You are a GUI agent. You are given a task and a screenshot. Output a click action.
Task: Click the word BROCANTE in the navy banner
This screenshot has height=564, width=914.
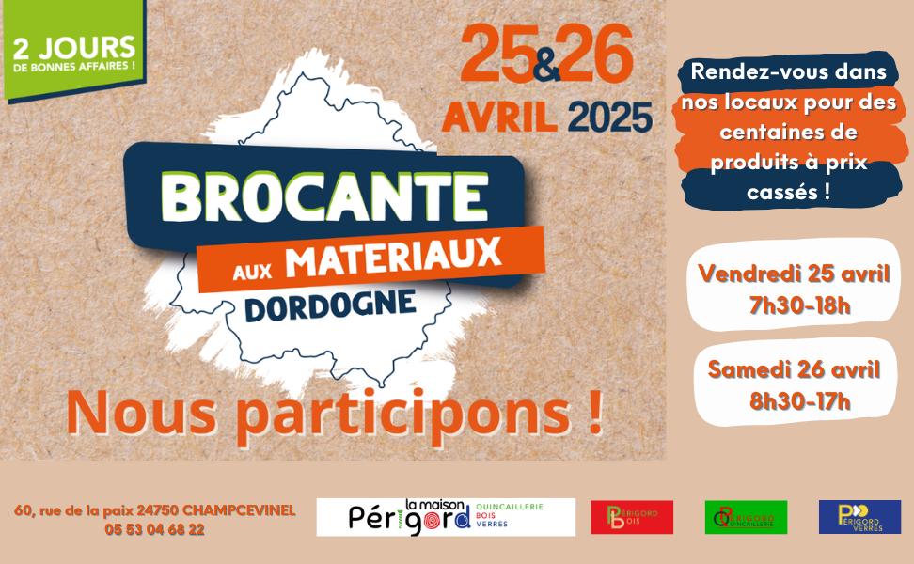click(x=324, y=197)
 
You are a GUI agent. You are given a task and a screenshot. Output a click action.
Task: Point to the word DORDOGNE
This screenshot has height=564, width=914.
click(x=330, y=305)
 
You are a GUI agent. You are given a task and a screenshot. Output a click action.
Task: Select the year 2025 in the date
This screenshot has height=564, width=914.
click(x=609, y=117)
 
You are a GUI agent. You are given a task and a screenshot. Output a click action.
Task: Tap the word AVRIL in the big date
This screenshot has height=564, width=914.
click(x=499, y=117)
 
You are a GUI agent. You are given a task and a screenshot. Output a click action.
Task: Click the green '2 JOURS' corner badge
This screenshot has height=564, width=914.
click(x=73, y=50)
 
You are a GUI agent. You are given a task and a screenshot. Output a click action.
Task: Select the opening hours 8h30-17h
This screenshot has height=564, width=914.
click(x=799, y=400)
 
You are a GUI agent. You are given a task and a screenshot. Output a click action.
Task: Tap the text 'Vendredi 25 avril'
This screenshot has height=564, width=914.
click(x=794, y=274)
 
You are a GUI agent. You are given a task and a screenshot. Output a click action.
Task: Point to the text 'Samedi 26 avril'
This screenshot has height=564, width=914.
click(x=794, y=369)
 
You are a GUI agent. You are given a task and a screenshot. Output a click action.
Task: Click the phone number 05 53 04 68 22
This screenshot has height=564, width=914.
click(x=154, y=529)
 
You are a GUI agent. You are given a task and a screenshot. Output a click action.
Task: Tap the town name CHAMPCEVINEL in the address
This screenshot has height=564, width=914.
click(x=239, y=510)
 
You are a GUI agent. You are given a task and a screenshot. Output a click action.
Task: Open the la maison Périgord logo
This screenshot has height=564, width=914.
click(x=446, y=517)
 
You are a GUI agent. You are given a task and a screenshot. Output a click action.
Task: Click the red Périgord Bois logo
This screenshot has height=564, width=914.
click(x=632, y=517)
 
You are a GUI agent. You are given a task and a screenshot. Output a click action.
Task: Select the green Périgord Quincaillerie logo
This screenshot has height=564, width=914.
click(x=746, y=517)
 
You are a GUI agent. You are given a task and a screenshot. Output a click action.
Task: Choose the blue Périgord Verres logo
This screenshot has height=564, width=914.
click(x=859, y=517)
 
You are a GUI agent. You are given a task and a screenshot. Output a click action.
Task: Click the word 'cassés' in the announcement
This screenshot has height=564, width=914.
click(x=782, y=193)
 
